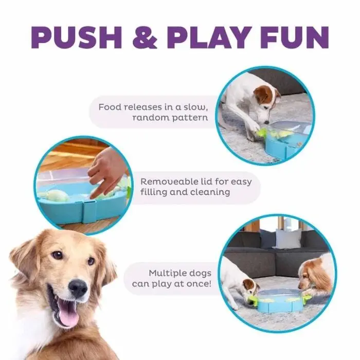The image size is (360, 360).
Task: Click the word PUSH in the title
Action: (77, 38)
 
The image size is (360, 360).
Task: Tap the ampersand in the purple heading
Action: (145, 38)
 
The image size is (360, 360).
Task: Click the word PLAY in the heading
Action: (208, 38)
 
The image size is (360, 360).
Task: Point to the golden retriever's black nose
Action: (78, 288)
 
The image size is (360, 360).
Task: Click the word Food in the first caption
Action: (110, 107)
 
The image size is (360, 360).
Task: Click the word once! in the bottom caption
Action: (199, 284)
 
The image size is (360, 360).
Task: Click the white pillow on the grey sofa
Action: (289, 239)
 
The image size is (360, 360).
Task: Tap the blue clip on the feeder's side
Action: (89, 212)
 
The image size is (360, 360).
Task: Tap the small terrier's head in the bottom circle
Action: (251, 289)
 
